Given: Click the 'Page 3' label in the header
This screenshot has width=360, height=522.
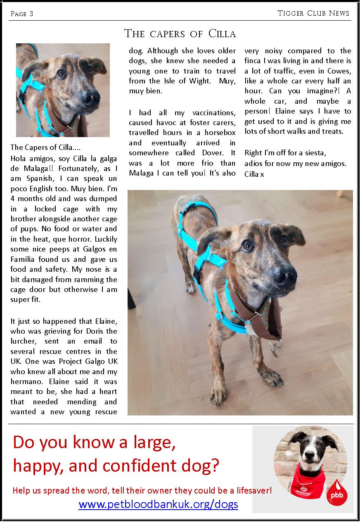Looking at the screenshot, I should (x=22, y=14).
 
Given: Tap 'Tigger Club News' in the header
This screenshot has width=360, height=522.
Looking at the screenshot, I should (x=313, y=13).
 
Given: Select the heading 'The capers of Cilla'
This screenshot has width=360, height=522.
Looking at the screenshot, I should (x=180, y=33).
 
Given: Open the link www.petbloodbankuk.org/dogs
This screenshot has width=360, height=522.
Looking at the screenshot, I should (x=158, y=504).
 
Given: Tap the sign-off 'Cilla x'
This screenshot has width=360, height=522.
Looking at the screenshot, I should (x=254, y=174).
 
